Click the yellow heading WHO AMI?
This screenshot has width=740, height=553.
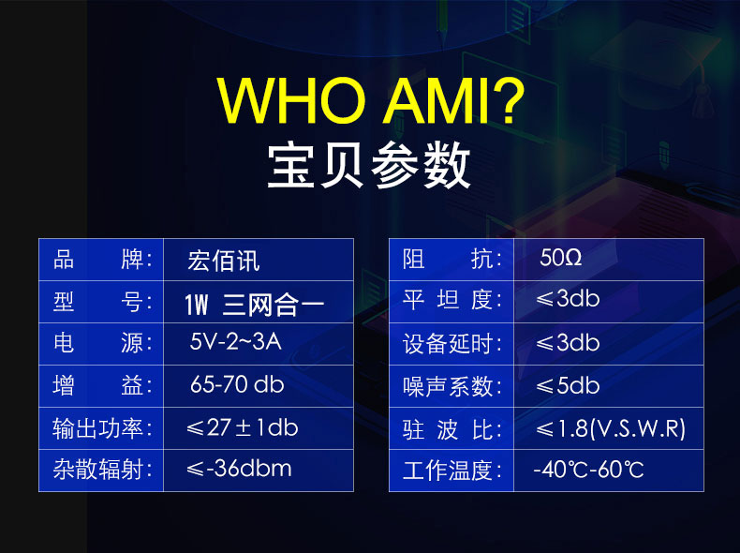(371, 100)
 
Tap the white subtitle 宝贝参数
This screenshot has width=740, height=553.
(368, 165)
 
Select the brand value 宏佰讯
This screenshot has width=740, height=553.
(224, 261)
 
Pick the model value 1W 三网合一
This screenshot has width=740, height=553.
(255, 304)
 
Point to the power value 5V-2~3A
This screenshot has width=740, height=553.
(235, 341)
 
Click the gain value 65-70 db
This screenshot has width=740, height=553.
(237, 384)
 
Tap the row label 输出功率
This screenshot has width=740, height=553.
(102, 428)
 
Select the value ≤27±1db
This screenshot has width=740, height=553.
(242, 427)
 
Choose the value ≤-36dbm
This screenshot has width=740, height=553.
(239, 469)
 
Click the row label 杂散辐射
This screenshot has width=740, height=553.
(102, 470)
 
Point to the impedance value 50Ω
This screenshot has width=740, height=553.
(561, 258)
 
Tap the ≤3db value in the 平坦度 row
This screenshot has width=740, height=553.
(568, 298)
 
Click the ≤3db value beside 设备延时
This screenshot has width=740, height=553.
(568, 342)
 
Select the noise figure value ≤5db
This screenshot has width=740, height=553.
(568, 385)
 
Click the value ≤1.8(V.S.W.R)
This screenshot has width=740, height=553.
(610, 428)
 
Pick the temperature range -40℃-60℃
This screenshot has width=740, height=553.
(588, 470)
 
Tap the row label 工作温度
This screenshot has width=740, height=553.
(452, 471)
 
